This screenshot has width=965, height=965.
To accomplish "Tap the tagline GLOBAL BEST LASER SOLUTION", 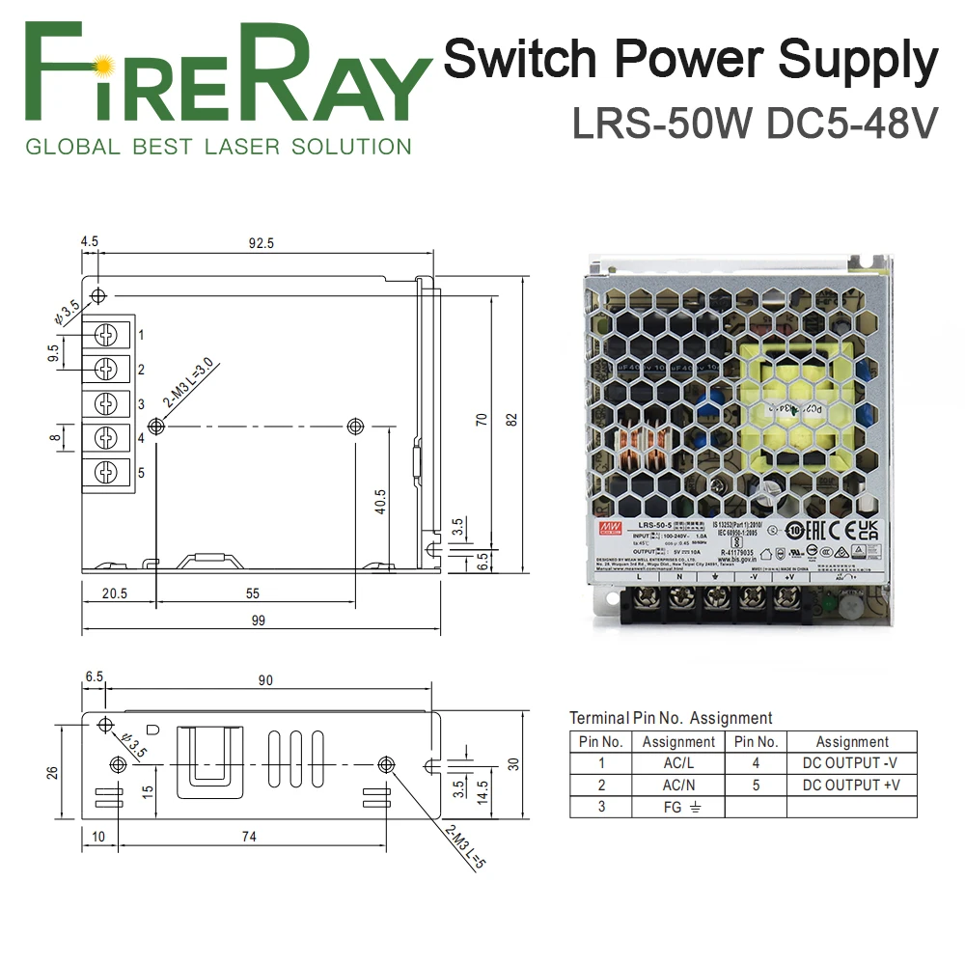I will (218, 148).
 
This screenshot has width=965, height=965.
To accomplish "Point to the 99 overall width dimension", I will (258, 620).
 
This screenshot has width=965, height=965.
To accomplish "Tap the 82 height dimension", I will (511, 419).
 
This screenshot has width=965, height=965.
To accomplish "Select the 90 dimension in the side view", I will (265, 680).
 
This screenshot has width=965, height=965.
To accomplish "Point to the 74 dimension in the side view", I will (250, 837).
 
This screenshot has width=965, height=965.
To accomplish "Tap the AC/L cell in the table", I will (678, 763).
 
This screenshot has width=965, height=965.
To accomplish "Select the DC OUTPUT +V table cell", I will (851, 785).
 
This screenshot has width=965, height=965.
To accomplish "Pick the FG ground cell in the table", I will (678, 807).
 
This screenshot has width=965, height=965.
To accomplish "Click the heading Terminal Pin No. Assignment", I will (671, 718).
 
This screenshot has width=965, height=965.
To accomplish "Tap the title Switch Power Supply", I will (690, 60).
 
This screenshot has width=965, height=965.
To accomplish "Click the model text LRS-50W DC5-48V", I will (755, 123).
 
